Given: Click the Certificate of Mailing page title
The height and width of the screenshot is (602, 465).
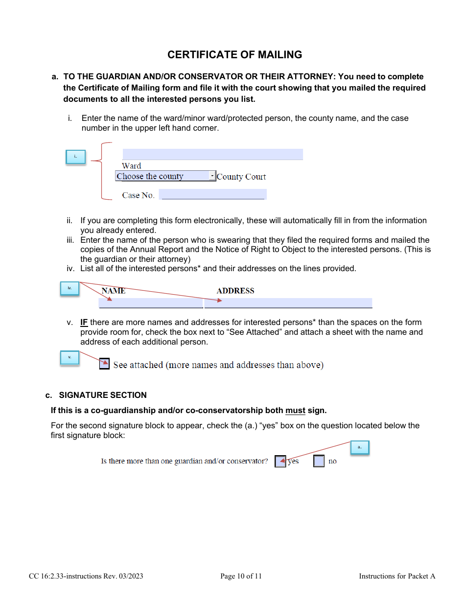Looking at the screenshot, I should pos(234,55).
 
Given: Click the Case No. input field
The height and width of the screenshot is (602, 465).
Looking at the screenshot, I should pos(213,195).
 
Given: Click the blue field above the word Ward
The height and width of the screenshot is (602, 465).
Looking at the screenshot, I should pos(212,154).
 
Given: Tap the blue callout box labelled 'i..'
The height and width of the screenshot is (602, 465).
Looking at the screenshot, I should pos(75,157).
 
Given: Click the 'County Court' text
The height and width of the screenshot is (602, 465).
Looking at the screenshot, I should pos(241,177).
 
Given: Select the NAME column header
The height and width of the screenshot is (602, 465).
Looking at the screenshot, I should pos(114,291).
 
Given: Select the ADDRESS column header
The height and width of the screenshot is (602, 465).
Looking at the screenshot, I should pos(235,291).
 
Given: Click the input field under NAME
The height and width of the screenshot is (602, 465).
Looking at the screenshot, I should pos(151,303).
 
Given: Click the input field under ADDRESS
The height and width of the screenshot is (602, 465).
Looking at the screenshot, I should pos(288,303).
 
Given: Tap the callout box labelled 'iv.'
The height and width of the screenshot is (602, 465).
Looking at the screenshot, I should pos(70,288).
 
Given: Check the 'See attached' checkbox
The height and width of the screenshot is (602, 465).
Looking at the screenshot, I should pos(104,364).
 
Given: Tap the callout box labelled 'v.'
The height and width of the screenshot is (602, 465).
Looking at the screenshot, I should pos(70,357).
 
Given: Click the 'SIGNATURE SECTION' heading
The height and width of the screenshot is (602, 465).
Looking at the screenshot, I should pos(102,395).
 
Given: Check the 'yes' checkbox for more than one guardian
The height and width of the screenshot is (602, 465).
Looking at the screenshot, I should pos(280,461).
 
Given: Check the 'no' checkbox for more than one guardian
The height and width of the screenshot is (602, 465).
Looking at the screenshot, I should pos(319,461).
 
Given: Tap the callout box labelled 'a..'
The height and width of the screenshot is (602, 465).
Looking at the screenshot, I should pos(360,447).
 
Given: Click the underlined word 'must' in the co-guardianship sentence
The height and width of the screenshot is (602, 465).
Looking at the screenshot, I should pos(295,410).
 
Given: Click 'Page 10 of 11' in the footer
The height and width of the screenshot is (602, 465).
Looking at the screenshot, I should pos(241,576).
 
